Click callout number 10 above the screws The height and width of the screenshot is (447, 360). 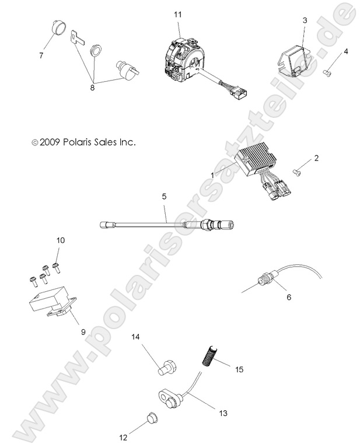(x=60, y=240)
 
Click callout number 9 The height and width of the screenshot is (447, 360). (x=83, y=331)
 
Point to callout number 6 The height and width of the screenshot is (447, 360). (x=288, y=296)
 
